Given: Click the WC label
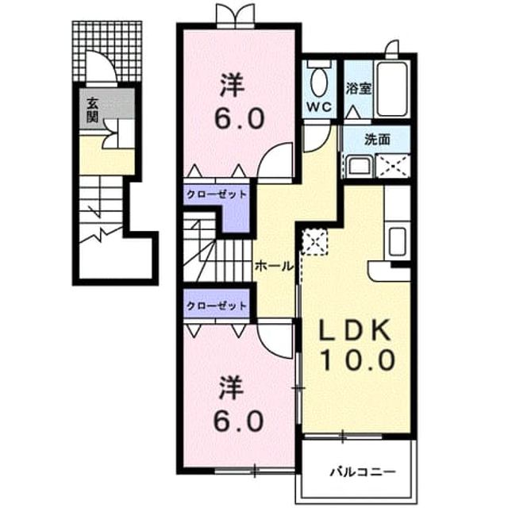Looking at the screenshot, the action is pyautogui.click(x=319, y=107).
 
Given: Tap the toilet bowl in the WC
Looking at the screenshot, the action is pyautogui.click(x=319, y=81).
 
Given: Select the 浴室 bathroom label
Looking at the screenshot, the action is pyautogui.click(x=358, y=88).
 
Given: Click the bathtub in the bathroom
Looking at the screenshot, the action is pyautogui.click(x=392, y=89).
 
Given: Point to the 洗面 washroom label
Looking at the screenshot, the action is pyautogui.click(x=377, y=140).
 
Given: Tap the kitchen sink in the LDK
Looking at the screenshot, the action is pyautogui.click(x=397, y=241).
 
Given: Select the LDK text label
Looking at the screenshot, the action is pyautogui.click(x=355, y=330).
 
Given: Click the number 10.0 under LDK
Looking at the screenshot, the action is pyautogui.click(x=358, y=360).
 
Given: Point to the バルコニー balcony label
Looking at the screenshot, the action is pyautogui.click(x=363, y=471).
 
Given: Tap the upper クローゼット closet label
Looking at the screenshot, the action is pyautogui.click(x=217, y=194).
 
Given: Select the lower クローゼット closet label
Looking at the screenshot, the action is pyautogui.click(x=217, y=306).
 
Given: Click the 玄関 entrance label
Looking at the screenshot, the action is pyautogui.click(x=92, y=110).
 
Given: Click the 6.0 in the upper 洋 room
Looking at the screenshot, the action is pyautogui.click(x=240, y=119).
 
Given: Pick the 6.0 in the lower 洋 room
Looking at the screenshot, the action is pyautogui.click(x=238, y=421).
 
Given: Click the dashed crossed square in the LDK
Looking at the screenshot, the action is pyautogui.click(x=315, y=241).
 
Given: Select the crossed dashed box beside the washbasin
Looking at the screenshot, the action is pyautogui.click(x=393, y=166).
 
